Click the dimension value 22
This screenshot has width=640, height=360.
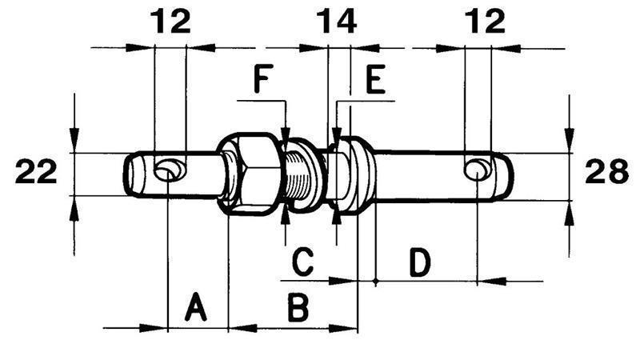pyautogui.click(x=36, y=171)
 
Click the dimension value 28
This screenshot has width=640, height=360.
pyautogui.click(x=606, y=171)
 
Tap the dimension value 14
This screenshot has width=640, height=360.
pyautogui.click(x=337, y=22)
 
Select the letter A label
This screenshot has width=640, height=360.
pyautogui.click(x=195, y=306)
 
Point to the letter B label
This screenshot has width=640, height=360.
pyautogui.click(x=298, y=306)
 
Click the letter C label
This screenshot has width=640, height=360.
pyautogui.click(x=303, y=261)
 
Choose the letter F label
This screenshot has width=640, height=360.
pyautogui.click(x=263, y=78)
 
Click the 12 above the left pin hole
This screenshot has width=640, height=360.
pyautogui.click(x=170, y=22)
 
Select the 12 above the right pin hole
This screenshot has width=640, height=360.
pyautogui.click(x=485, y=22)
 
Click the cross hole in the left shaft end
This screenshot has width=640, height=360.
pyautogui.click(x=167, y=171)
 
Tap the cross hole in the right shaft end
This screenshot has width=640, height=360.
pyautogui.click(x=477, y=170)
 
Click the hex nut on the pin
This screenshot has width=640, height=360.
pyautogui.click(x=249, y=174)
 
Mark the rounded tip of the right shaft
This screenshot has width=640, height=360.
pyautogui.click(x=506, y=176)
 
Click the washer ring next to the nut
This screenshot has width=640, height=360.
pyautogui.click(x=306, y=175)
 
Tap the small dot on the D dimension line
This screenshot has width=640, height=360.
pyautogui.click(x=375, y=281)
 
